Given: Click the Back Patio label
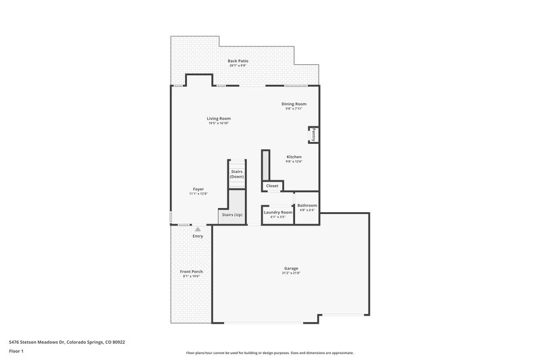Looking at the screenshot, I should (x=238, y=61).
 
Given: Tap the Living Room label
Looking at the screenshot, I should (x=219, y=118).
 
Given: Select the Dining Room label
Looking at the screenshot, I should (x=294, y=104).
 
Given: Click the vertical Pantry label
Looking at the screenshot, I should (x=314, y=134).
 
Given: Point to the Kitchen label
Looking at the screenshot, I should (x=294, y=157).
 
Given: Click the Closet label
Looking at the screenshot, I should (x=272, y=186).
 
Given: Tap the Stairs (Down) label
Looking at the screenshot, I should (x=237, y=174).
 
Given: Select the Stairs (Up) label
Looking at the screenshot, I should (x=230, y=215).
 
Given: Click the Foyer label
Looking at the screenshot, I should (x=198, y=189).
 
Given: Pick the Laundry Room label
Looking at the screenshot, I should (x=277, y=212).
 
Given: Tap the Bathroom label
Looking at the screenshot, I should (x=307, y=205).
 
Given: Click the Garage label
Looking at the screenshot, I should (x=291, y=268).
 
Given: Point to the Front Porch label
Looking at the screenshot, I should (x=192, y=272).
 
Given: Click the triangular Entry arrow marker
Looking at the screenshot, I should (x=198, y=229).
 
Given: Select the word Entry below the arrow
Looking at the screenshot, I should (x=198, y=236).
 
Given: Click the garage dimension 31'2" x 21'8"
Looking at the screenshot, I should (x=291, y=273).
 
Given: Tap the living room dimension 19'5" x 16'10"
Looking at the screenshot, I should (x=219, y=123).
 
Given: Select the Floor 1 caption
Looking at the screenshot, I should (x=16, y=352).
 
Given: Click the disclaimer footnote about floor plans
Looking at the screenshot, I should (x=269, y=353).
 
